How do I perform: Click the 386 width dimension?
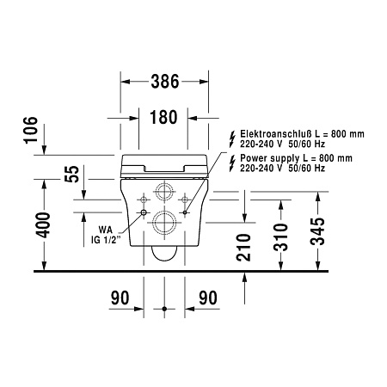pyautogui.click(x=163, y=83)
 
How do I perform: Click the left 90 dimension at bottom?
pyautogui.click(x=120, y=298)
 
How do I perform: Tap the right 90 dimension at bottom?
pyautogui.click(x=206, y=298)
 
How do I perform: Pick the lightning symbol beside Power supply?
pyautogui.click(x=230, y=163)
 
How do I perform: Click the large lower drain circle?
pyautogui.click(x=163, y=225)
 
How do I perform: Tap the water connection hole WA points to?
pyautogui.click(x=144, y=210)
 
